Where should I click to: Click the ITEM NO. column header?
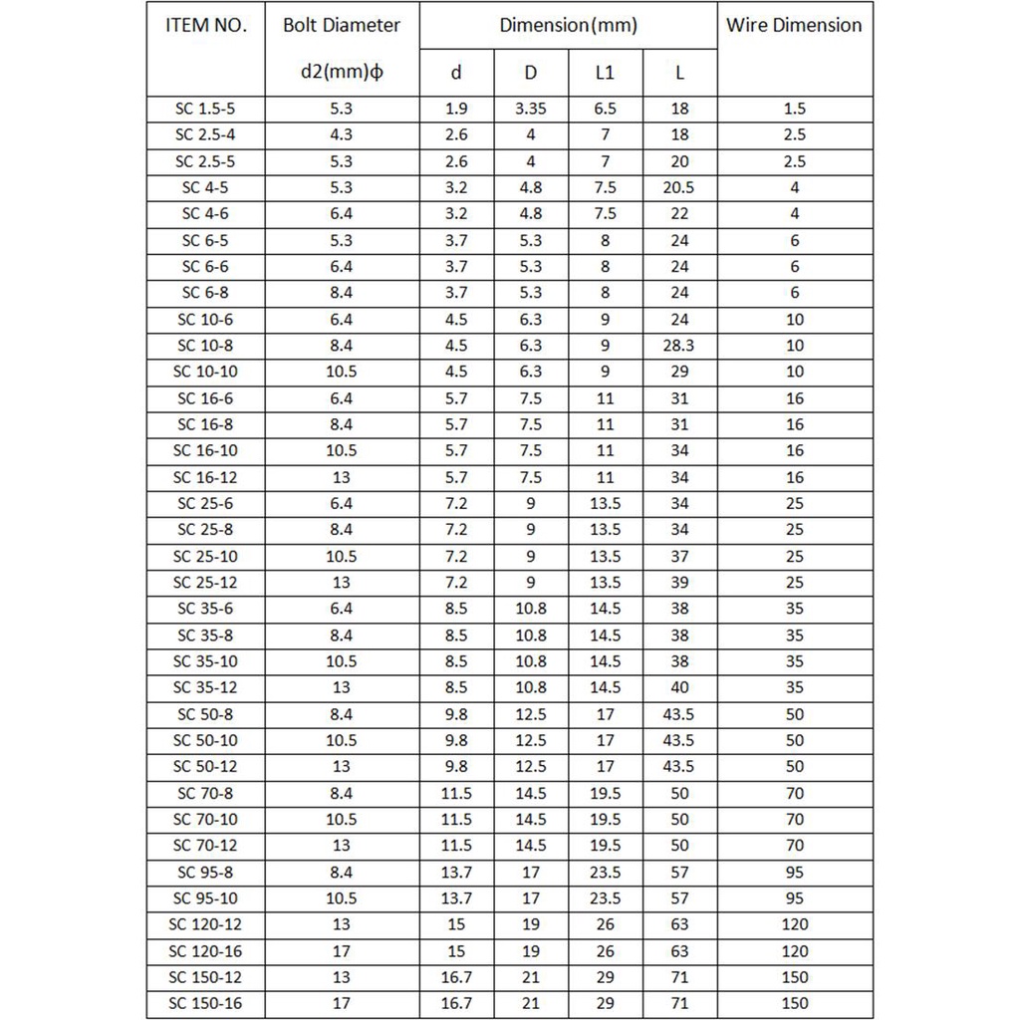tap(206, 26)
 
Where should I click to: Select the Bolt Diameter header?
tap(342, 26)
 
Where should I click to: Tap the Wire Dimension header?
tap(794, 26)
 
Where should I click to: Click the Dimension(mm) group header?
tap(569, 26)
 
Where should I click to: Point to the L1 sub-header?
tap(606, 73)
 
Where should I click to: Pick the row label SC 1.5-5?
tap(206, 110)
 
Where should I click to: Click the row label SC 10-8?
tap(206, 346)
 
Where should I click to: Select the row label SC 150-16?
tap(206, 1003)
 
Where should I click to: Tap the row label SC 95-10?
tap(206, 897)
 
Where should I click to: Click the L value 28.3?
tap(680, 346)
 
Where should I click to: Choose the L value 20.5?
tap(680, 187)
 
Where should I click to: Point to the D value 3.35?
tap(531, 110)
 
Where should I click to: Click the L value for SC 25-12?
tap(680, 582)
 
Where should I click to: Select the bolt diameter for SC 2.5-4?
tap(342, 135)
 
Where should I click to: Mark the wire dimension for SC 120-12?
tap(794, 924)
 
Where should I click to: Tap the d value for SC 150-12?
tap(456, 976)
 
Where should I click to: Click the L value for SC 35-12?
tap(680, 687)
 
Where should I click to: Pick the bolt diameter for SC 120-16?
tap(342, 950)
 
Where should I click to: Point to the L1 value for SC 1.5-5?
tap(606, 110)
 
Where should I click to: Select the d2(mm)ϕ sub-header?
tap(342, 73)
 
